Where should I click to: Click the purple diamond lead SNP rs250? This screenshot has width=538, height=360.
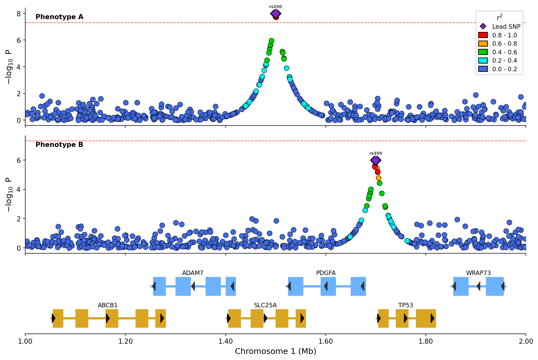tap(276, 14)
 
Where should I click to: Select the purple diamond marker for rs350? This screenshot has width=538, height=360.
tap(376, 160)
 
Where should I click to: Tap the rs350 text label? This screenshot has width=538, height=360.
tap(376, 153)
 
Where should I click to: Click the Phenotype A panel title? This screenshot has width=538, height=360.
tap(59, 17)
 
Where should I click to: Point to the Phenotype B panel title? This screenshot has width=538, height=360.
tap(59, 145)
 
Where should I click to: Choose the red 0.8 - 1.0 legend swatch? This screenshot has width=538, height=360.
tap(483, 35)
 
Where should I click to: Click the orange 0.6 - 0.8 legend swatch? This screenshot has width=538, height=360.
tap(483, 44)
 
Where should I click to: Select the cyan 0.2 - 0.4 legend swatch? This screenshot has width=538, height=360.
tap(483, 61)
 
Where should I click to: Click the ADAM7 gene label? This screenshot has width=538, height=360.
tap(193, 273)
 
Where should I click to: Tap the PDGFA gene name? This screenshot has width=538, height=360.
tap(326, 273)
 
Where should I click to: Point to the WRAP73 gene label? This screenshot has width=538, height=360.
tap(478, 273)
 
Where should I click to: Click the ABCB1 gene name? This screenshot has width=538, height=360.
tap(108, 305)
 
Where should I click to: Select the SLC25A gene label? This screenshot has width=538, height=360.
tap(265, 305)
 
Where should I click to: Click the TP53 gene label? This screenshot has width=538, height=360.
tap(406, 305)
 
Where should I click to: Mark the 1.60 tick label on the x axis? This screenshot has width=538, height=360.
tap(326, 341)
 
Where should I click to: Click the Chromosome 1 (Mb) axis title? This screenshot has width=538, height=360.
tap(276, 351)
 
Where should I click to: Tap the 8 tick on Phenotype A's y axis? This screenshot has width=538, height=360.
tap(19, 14)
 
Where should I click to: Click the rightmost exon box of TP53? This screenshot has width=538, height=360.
tap(426, 318)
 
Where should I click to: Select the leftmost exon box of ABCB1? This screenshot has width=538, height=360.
tap(58, 318)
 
